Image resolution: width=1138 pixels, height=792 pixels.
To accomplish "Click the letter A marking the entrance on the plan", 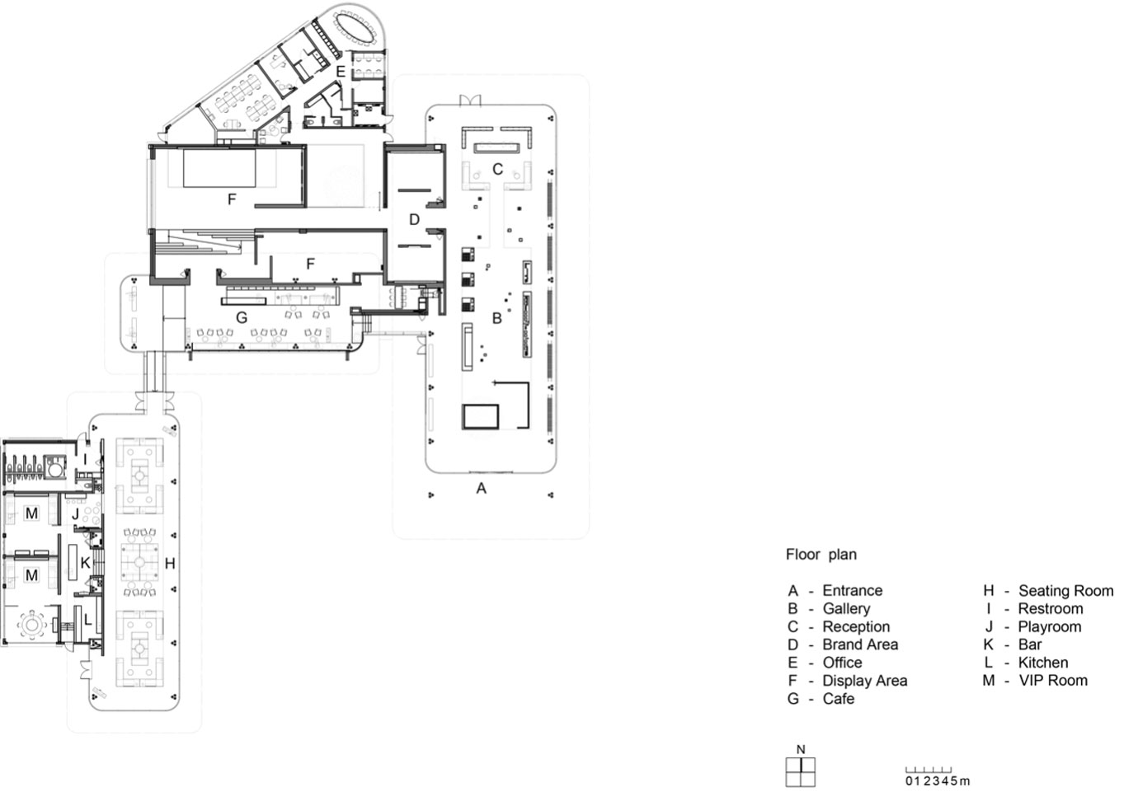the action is pos(481,489).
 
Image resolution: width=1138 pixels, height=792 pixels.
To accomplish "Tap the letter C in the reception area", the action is pos(498,169).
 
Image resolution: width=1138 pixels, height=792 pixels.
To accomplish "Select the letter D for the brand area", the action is pos(415,220).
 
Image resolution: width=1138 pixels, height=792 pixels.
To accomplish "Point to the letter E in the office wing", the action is pos(341,72).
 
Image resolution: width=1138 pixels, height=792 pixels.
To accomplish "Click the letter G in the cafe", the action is pos(242,318).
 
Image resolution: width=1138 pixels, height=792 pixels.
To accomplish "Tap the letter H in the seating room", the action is pos(170,563).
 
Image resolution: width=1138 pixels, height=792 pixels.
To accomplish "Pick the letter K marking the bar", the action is pos(86,563).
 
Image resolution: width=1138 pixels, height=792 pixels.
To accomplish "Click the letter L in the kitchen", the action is pos(88,620).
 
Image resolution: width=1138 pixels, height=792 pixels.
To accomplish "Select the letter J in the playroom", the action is pos(76,514).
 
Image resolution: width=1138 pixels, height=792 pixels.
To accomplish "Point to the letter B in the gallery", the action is pos(497,318).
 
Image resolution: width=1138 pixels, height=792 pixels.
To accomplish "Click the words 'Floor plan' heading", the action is pos(821,555).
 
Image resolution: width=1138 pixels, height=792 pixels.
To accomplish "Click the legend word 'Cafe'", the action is pos(839,699).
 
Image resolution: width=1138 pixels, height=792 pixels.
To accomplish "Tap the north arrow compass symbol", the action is pos(801,772).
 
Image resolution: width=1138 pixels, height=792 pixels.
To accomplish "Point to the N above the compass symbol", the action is pos(802,750).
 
